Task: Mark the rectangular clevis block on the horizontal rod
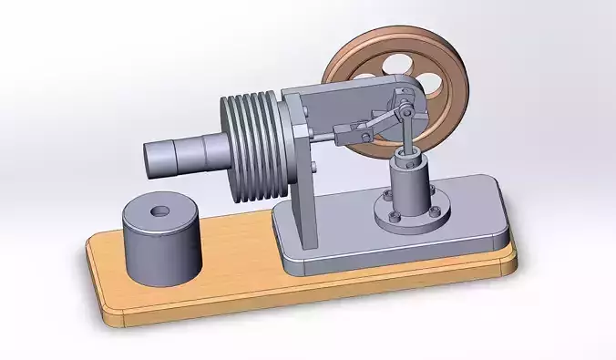(344, 134)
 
